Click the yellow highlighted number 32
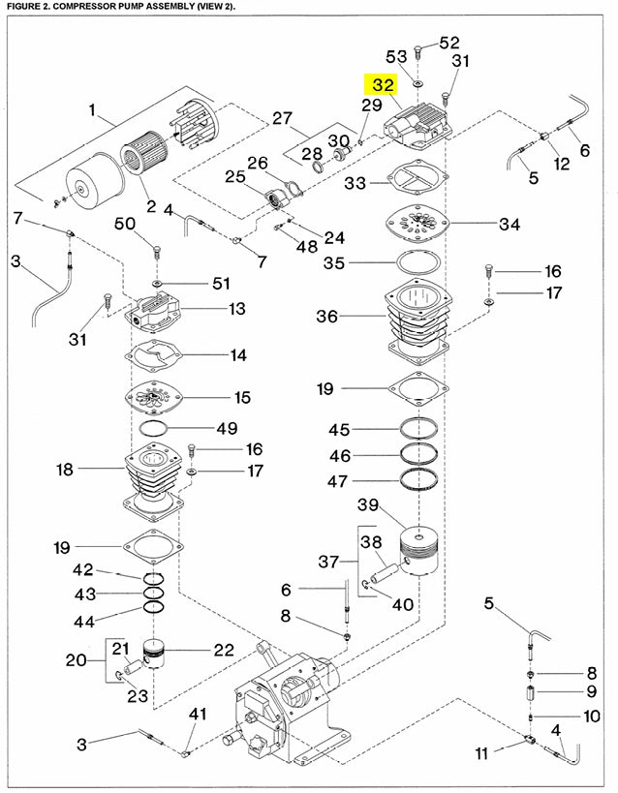click(383, 85)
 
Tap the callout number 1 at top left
click(93, 112)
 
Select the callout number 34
click(510, 225)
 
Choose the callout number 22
click(224, 650)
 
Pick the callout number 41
click(199, 715)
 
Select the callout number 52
click(449, 43)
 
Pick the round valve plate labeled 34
click(417, 225)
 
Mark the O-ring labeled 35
click(417, 262)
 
